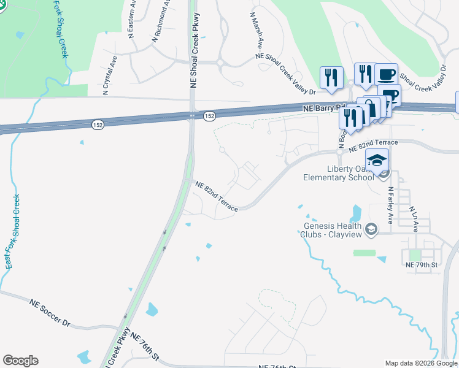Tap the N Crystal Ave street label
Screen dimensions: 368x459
[x=110, y=76]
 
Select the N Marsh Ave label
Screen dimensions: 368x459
[x=256, y=30]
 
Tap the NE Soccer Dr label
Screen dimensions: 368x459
[x=50, y=312]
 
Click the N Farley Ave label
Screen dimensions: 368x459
[x=390, y=205]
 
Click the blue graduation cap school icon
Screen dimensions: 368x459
[x=377, y=161]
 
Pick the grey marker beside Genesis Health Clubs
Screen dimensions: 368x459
[x=371, y=229]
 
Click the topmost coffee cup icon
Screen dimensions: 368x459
[x=386, y=75]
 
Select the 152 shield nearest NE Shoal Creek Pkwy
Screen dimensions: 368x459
[x=210, y=115]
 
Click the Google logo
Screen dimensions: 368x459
[x=20, y=361]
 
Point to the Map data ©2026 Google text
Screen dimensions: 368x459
[x=421, y=363]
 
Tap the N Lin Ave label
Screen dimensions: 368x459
[x=415, y=218]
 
